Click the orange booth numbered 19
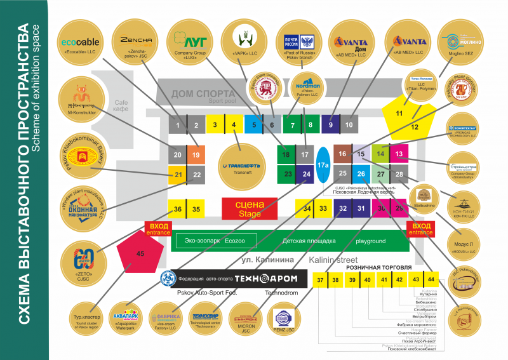(196, 155)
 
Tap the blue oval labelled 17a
(323, 164)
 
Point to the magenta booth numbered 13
(398, 154)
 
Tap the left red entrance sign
(157, 228)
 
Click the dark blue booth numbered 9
(330, 125)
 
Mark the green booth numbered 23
(288, 173)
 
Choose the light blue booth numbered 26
(361, 173)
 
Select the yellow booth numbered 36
(178, 209)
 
